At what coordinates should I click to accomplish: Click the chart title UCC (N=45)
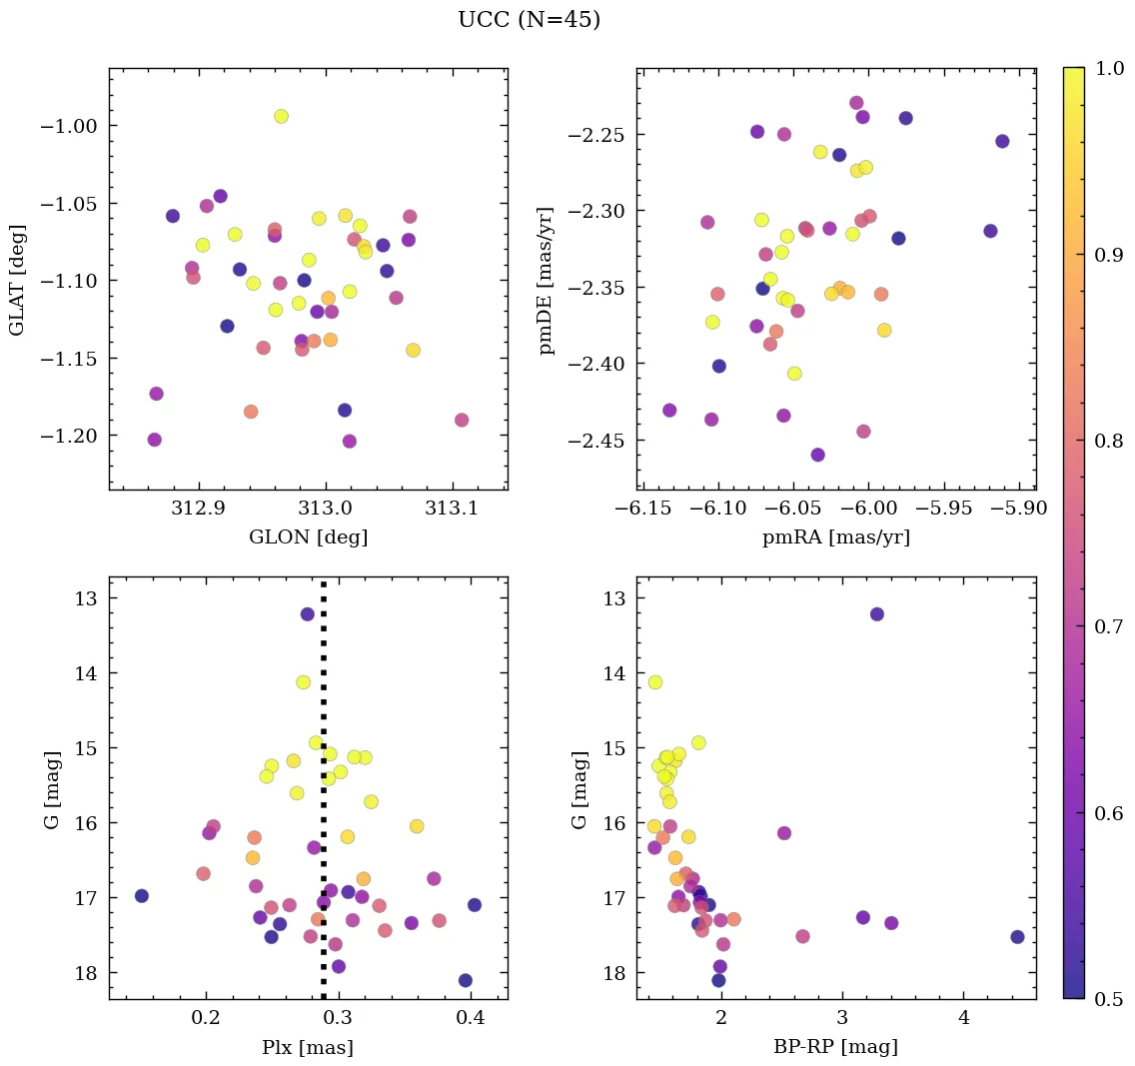pyautogui.click(x=529, y=20)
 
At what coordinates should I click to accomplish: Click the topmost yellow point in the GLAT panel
pyautogui.click(x=281, y=117)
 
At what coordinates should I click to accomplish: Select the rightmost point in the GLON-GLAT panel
pyautogui.click(x=462, y=420)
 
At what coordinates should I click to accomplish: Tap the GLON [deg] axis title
pyautogui.click(x=308, y=537)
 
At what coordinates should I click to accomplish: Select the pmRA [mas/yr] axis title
pyautogui.click(x=835, y=537)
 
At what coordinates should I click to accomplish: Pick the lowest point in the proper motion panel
pyautogui.click(x=818, y=455)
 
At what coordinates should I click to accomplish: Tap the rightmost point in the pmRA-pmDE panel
pyautogui.click(x=1002, y=141)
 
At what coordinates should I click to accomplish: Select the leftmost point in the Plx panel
pyautogui.click(x=142, y=896)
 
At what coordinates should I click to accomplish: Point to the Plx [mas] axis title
pyautogui.click(x=308, y=1047)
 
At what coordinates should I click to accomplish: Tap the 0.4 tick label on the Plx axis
pyautogui.click(x=472, y=1019)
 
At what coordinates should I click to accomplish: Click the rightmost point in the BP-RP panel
pyautogui.click(x=1017, y=937)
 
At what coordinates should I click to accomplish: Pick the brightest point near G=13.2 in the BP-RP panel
pyautogui.click(x=877, y=614)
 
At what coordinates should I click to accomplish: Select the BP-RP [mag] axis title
pyautogui.click(x=835, y=1047)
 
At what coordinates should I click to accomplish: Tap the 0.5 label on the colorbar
pyautogui.click(x=1108, y=999)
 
